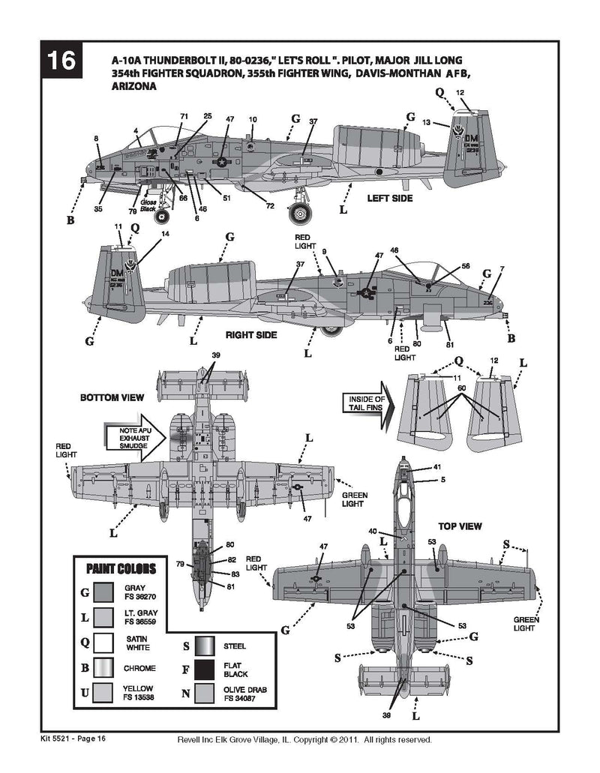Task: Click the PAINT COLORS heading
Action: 121,568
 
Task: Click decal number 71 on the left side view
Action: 183,116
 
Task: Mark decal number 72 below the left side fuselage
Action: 270,206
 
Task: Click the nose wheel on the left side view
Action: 161,216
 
